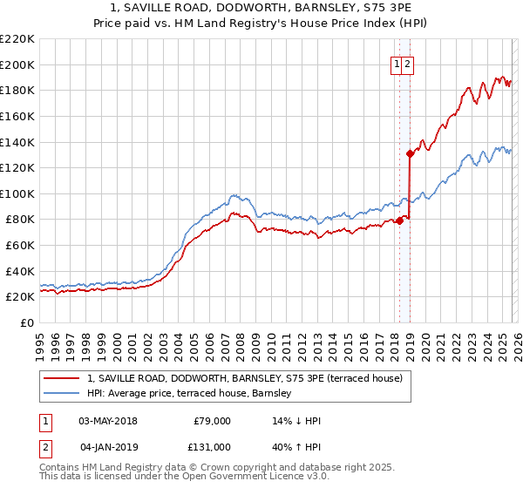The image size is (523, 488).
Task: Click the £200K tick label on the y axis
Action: [17, 64]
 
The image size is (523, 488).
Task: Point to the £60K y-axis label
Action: [20, 246]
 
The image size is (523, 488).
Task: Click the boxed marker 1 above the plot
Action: [397, 64]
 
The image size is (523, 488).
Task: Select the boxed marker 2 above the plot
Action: [407, 64]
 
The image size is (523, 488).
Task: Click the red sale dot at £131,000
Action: [409, 153]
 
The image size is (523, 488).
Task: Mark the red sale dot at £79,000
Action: [399, 220]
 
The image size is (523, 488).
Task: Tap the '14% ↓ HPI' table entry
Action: [297, 421]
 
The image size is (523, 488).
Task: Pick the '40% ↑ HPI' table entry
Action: [297, 447]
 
